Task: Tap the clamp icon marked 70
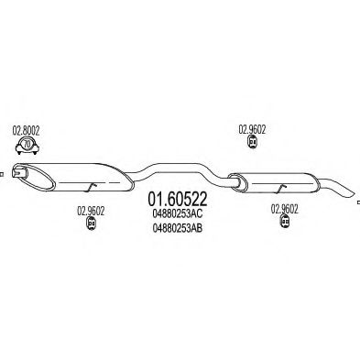(27, 146)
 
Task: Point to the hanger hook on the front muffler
(89, 187)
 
